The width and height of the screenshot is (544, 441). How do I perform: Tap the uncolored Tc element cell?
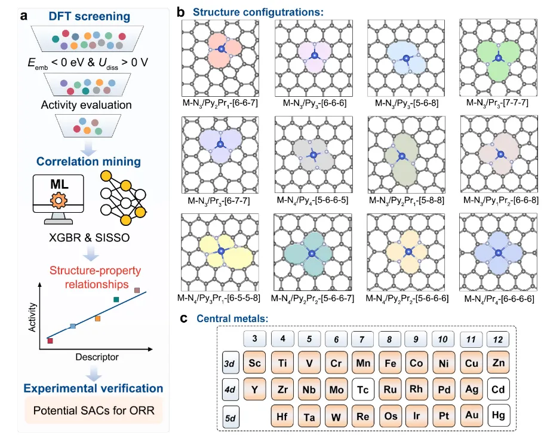363,390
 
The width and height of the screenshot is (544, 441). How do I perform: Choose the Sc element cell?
256,363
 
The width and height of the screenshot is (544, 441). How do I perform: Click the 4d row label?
230,390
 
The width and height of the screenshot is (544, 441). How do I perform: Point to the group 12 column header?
499,339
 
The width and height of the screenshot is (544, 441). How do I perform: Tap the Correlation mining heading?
88,161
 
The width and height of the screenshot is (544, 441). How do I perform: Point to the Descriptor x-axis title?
97,357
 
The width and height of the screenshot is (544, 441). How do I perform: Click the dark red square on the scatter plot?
50,341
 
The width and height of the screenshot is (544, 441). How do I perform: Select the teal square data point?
116,299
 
